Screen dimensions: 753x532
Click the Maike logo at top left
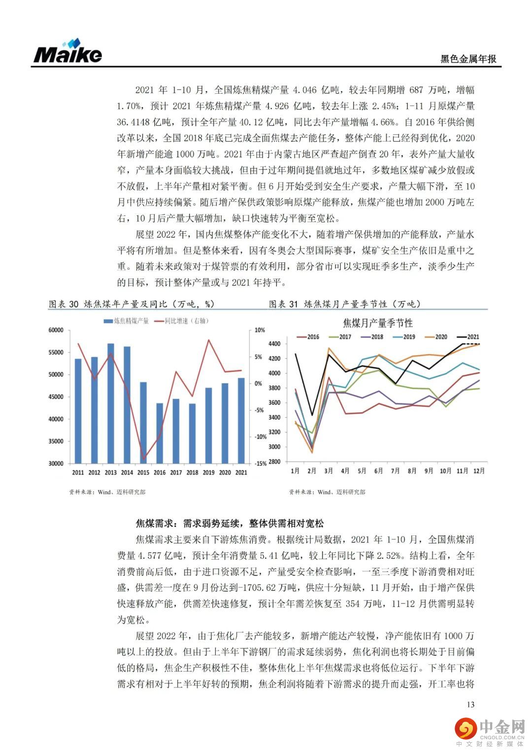pos(67,51)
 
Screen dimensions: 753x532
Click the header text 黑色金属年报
pos(468,59)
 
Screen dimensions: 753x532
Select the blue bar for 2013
pos(111,403)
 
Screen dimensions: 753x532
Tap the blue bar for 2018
pos(192,433)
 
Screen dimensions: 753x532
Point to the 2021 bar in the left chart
pos(241,420)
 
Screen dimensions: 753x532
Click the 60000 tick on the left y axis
pos(56,330)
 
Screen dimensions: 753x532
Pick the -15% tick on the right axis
pos(260,464)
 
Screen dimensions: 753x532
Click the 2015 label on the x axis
pos(143,472)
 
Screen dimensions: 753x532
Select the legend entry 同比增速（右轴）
pos(181,321)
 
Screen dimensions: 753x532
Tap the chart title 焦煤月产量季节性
pos(378,323)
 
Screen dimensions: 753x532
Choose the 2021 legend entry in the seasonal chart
pos(468,337)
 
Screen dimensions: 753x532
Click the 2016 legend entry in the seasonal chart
pos(308,337)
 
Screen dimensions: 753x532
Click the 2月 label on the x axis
pos(312,471)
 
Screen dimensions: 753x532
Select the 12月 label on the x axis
pos(478,471)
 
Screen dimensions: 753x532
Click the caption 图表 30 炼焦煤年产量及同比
pos(131,304)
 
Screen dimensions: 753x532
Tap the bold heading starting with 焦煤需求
pos(230,523)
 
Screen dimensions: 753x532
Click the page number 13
pos(470,704)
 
